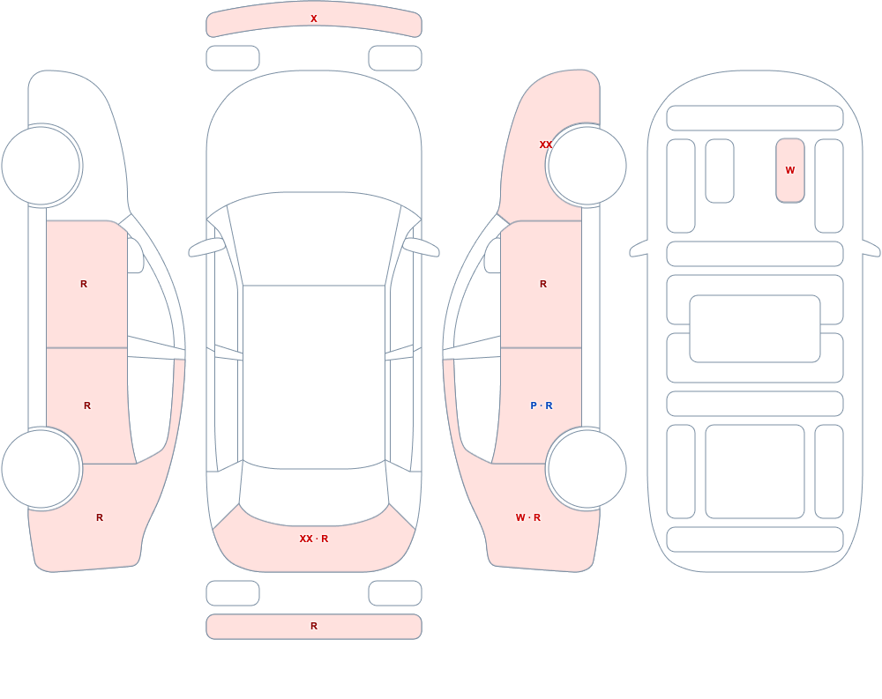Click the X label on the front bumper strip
click(x=314, y=19)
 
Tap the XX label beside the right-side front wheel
click(x=546, y=145)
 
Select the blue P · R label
click(x=542, y=405)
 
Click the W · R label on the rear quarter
click(x=527, y=517)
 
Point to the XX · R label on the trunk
click(x=314, y=539)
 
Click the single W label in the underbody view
click(x=789, y=170)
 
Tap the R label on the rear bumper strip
click(x=314, y=626)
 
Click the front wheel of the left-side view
click(x=41, y=166)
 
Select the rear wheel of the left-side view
click(x=41, y=469)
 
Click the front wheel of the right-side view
click(x=587, y=166)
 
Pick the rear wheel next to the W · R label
click(x=587, y=469)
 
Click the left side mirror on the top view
click(x=206, y=247)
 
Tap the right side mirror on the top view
click(x=421, y=247)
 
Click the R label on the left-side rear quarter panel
click(x=100, y=517)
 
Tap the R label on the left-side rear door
click(x=87, y=405)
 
